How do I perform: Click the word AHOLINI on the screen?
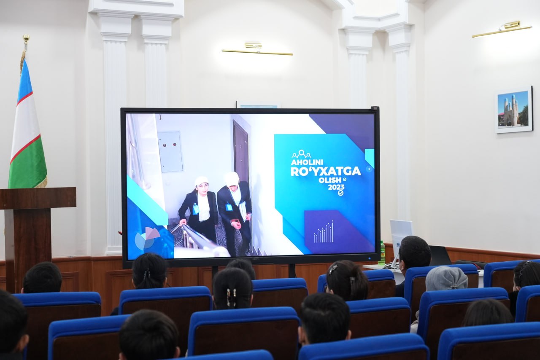pyautogui.click(x=307, y=162)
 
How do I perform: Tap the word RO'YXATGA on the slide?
pyautogui.click(x=326, y=171)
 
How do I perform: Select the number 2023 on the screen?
pyautogui.click(x=336, y=187)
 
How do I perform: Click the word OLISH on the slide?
pyautogui.click(x=330, y=180)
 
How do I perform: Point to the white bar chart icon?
pyautogui.click(x=324, y=232)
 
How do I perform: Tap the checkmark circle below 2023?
pyautogui.click(x=340, y=193)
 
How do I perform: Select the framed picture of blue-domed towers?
pyautogui.click(x=514, y=110)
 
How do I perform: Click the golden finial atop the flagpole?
pyautogui.click(x=26, y=38)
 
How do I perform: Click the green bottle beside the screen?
pyautogui.click(x=382, y=253)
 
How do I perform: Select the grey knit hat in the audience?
pyautogui.click(x=446, y=279)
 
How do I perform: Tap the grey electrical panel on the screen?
pyautogui.click(x=170, y=152)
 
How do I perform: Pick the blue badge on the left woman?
pyautogui.click(x=195, y=209)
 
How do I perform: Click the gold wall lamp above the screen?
pyautogui.click(x=257, y=50)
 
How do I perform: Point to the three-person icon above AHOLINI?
pyautogui.click(x=301, y=154)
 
